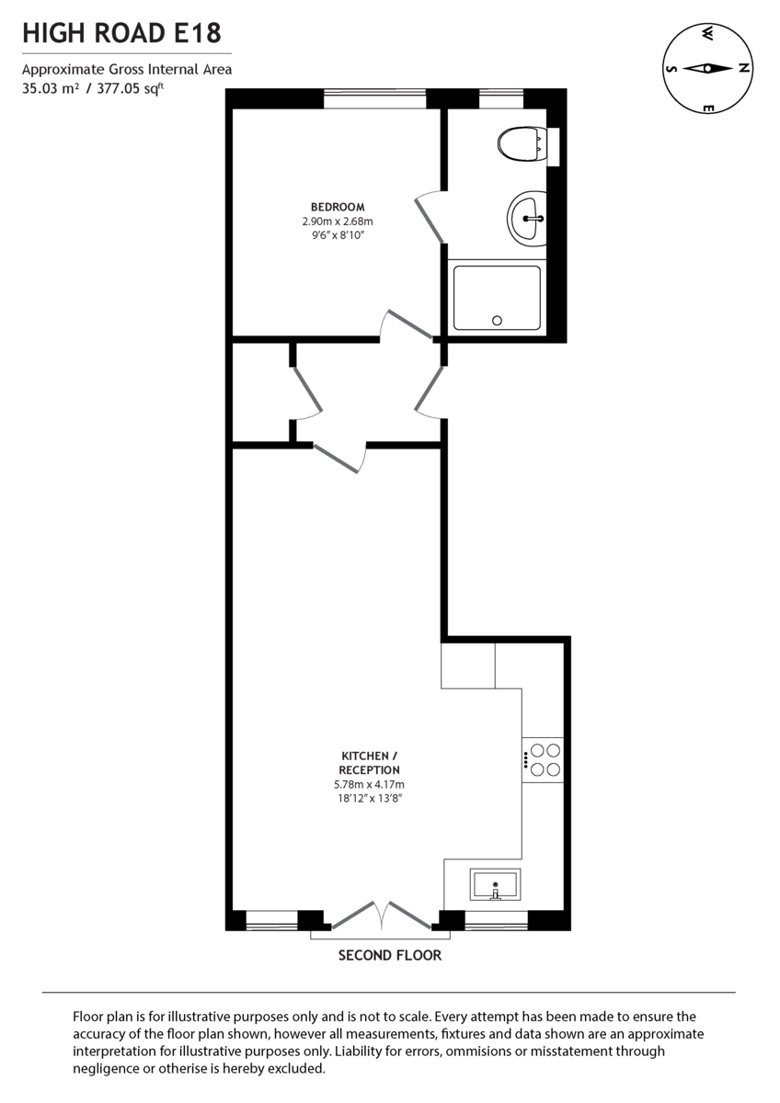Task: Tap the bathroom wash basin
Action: tap(527, 219)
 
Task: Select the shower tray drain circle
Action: tap(498, 321)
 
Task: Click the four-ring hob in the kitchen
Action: tap(544, 759)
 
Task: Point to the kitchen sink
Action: tap(495, 885)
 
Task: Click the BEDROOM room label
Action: tap(338, 207)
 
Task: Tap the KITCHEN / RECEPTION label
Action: tap(369, 763)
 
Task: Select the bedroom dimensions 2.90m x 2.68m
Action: tap(338, 222)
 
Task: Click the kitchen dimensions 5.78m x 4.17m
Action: tap(369, 784)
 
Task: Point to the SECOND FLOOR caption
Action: tap(390, 955)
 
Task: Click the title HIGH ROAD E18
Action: tap(121, 35)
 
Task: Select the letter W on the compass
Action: tap(707, 34)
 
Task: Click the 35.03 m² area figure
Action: tap(50, 88)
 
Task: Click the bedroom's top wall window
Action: tap(374, 97)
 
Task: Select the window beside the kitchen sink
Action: tap(497, 920)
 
